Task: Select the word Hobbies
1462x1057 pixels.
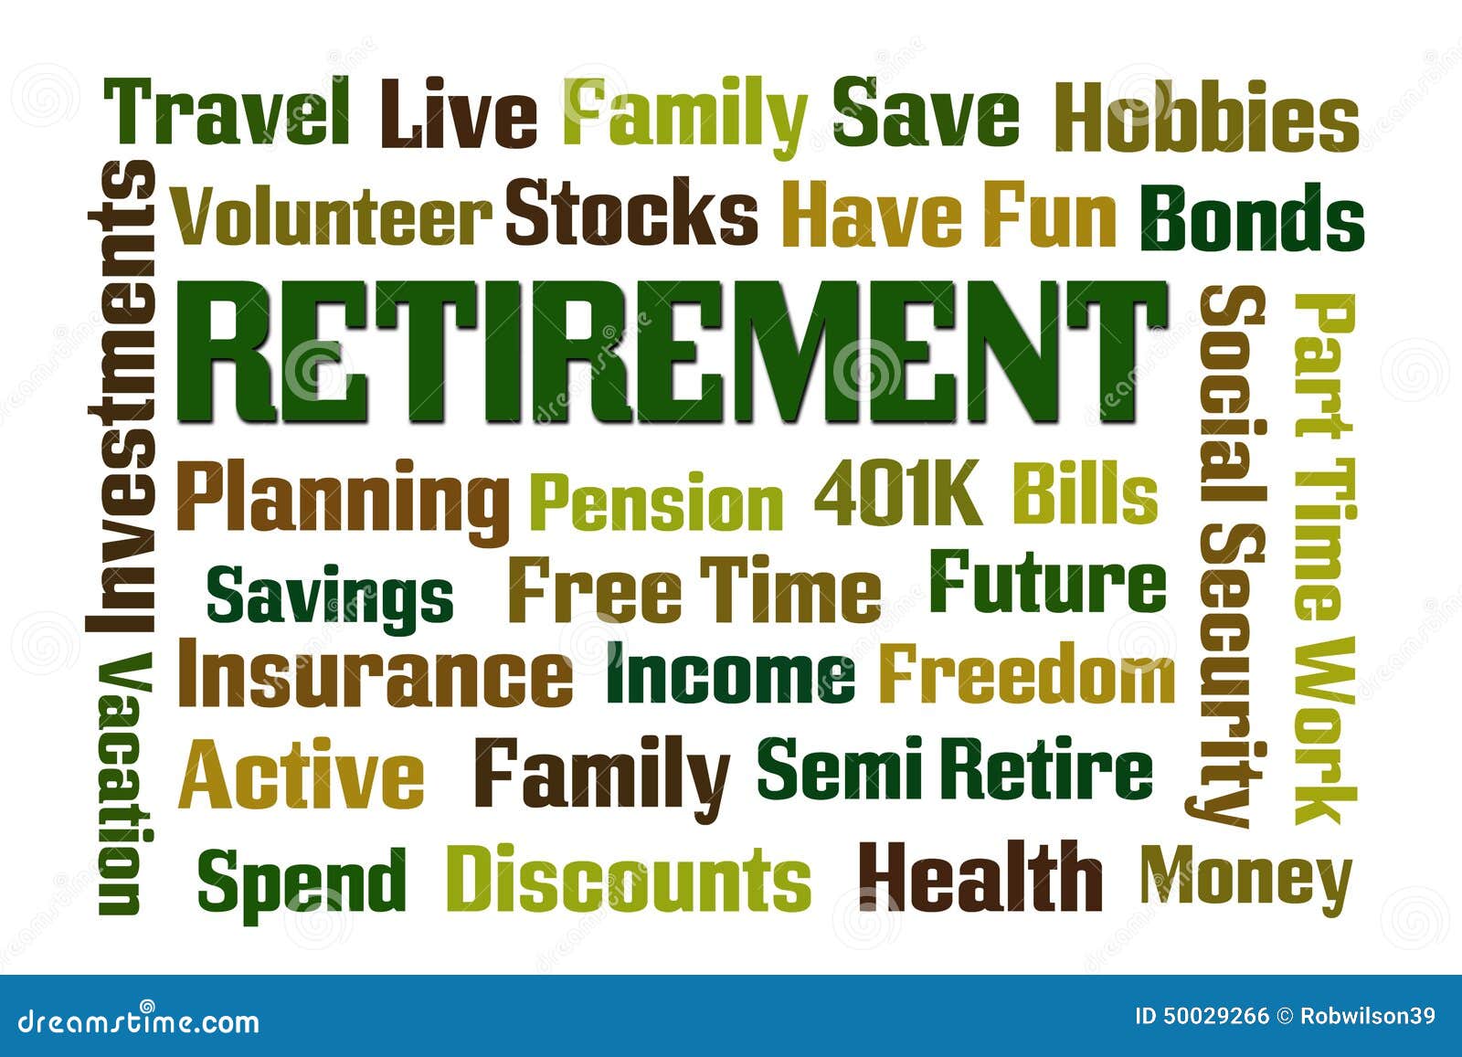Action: coord(1206,118)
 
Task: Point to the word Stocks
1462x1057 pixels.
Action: coord(631,211)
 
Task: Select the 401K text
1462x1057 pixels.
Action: coord(897,492)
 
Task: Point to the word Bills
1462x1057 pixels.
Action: coord(1086,492)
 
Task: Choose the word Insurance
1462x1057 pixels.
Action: coord(375,672)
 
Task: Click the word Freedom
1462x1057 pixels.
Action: coord(1027,672)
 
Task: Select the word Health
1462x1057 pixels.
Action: coord(980,876)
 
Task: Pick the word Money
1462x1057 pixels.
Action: coord(1246,880)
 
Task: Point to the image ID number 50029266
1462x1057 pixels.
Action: coord(1202,1016)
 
